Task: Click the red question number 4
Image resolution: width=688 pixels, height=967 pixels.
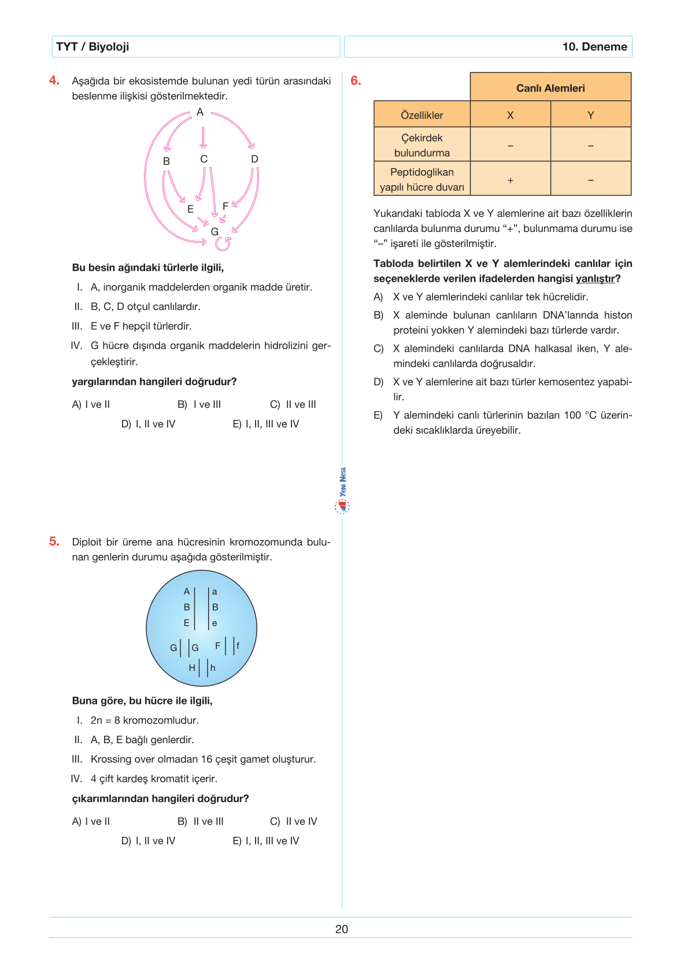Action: (x=54, y=80)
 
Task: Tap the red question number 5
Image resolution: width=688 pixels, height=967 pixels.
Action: (x=54, y=541)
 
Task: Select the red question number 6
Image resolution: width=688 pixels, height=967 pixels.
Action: (x=356, y=80)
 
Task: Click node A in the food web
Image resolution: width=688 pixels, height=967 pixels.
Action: (x=200, y=112)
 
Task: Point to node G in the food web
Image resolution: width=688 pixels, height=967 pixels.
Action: (x=214, y=231)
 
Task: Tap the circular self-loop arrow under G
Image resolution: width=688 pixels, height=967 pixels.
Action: (x=223, y=244)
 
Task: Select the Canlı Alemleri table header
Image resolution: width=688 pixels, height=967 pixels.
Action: (x=550, y=88)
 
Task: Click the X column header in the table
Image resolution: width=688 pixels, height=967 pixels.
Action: (x=510, y=115)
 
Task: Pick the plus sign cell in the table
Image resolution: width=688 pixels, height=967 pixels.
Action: (x=510, y=180)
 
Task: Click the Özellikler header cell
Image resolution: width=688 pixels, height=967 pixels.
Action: (x=422, y=115)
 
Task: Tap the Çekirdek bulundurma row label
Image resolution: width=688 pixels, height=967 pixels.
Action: (x=422, y=145)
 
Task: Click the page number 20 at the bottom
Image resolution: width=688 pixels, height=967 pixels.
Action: (x=342, y=929)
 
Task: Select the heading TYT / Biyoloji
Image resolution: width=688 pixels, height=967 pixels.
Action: (x=93, y=47)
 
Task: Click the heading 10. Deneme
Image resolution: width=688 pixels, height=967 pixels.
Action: (x=594, y=47)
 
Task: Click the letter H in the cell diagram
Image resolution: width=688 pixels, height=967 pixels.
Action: (x=192, y=667)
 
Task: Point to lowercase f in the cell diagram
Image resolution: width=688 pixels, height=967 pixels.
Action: (x=238, y=645)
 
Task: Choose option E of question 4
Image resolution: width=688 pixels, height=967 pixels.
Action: (x=266, y=424)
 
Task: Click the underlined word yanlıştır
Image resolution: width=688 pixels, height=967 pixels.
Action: (x=595, y=279)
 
